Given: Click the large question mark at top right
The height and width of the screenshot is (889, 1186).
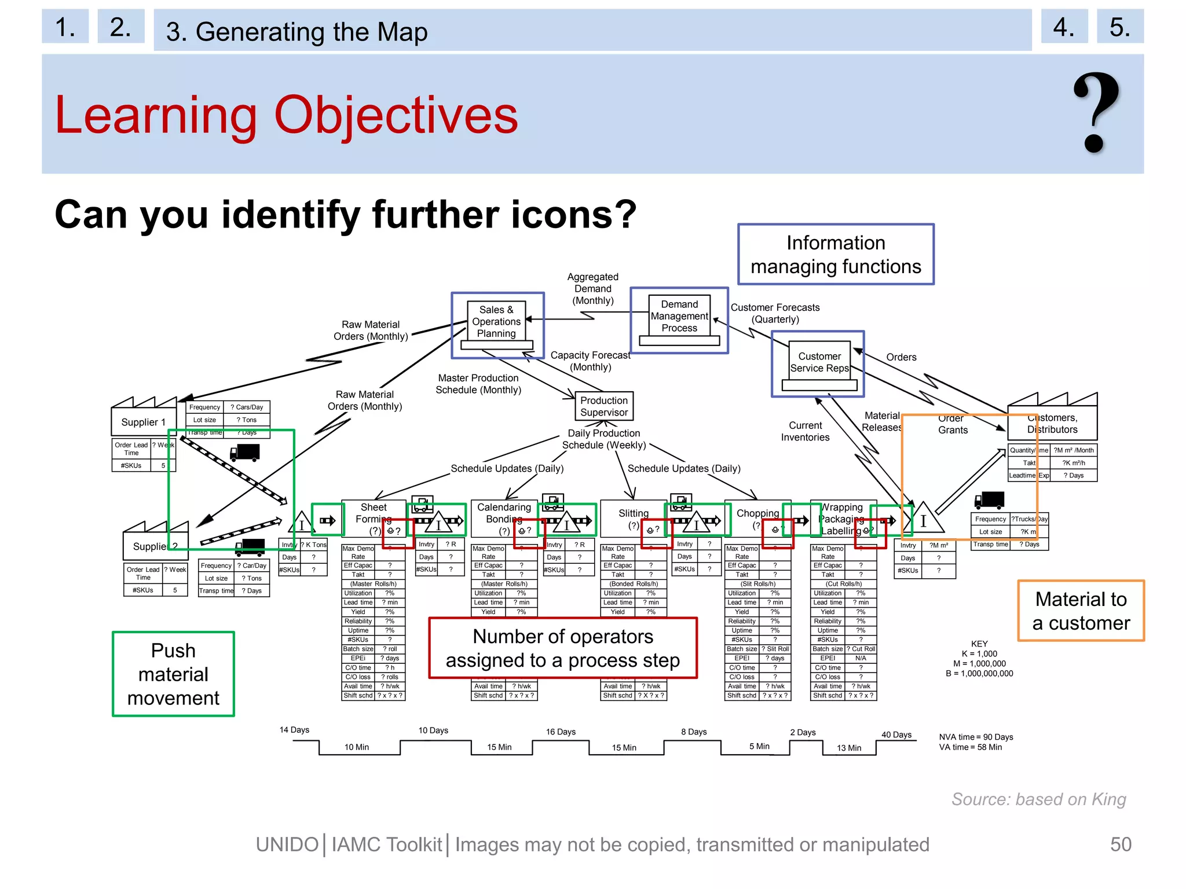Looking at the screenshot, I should (x=1096, y=113).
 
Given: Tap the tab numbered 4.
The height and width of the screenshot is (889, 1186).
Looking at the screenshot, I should (x=1064, y=27).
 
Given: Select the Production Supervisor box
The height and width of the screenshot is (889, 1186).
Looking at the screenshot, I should (x=603, y=406).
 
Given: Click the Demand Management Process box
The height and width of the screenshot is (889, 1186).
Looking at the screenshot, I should (x=679, y=316).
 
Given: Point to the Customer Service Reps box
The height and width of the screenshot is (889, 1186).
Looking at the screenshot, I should (x=819, y=362).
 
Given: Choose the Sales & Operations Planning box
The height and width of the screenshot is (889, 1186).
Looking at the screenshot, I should (x=496, y=322).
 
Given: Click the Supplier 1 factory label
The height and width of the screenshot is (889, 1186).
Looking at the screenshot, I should (x=143, y=422).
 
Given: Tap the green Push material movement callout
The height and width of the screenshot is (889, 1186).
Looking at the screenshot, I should (x=173, y=674).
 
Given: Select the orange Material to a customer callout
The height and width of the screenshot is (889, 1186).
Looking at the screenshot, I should (x=1081, y=611).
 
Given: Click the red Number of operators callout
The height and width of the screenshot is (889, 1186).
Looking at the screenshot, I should (x=562, y=648).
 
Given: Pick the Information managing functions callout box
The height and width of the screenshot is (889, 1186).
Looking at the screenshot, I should (x=835, y=255).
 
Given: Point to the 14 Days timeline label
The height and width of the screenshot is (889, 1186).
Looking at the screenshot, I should (x=294, y=730).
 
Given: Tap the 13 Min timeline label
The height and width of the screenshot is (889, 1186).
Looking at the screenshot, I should (x=848, y=748).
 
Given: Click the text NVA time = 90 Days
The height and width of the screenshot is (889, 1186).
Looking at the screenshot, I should (x=976, y=737).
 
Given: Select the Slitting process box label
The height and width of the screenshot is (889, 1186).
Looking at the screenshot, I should (x=633, y=513).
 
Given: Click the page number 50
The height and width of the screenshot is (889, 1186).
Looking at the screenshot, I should (x=1120, y=844).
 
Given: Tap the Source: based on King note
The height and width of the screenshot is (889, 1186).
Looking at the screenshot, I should (x=1038, y=799).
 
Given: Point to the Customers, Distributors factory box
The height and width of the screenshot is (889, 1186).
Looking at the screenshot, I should (x=1052, y=424).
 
